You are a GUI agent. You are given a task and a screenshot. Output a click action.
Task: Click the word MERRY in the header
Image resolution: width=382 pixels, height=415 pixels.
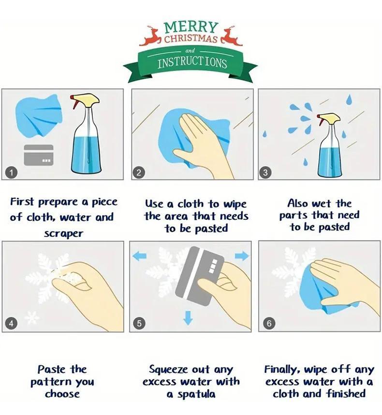click(191, 27)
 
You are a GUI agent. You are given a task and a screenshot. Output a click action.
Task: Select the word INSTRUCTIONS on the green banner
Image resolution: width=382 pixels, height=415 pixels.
click(192, 63)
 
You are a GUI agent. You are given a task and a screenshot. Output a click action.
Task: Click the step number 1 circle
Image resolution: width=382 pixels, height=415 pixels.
click(11, 172)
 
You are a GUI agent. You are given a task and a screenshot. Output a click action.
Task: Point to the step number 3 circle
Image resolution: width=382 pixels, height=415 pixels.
click(265, 172)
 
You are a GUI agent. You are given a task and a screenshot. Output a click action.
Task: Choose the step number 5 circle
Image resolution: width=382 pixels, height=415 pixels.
click(139, 323)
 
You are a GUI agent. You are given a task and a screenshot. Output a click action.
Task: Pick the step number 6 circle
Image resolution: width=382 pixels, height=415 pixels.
click(269, 323)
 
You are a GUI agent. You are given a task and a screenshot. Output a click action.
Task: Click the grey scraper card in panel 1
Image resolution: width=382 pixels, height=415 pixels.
click(39, 155)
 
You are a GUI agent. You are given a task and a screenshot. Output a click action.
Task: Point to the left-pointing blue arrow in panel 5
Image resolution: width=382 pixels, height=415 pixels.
click(139, 256)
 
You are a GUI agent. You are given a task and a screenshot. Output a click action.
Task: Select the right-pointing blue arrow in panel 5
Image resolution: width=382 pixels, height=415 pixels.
click(242, 256)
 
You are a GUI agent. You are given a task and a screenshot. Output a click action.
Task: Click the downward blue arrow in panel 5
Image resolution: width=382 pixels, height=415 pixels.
click(188, 318)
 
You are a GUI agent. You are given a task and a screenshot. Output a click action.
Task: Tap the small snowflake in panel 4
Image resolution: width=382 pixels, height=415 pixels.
click(32, 317)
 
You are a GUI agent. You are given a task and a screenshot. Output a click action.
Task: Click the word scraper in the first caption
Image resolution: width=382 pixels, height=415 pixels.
click(63, 233)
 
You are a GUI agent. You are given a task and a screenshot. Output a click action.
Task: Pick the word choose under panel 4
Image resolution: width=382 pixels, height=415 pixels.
click(62, 394)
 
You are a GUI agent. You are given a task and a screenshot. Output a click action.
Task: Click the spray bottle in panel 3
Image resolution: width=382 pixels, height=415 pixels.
click(329, 145)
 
